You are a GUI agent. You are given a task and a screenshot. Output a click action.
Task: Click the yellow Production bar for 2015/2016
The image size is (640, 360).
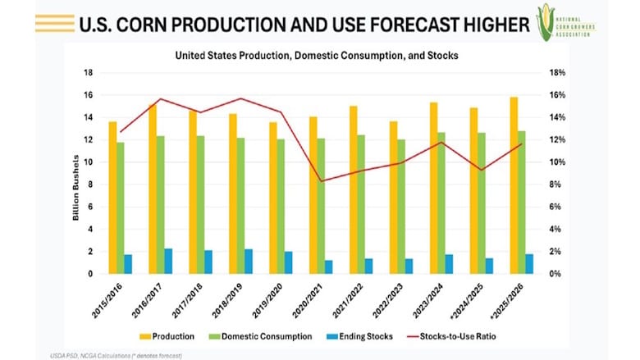tap(112, 197)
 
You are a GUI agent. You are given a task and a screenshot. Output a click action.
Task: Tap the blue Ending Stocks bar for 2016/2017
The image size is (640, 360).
tap(168, 261)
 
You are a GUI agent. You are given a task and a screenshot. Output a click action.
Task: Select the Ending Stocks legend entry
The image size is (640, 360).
tap(367, 335)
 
